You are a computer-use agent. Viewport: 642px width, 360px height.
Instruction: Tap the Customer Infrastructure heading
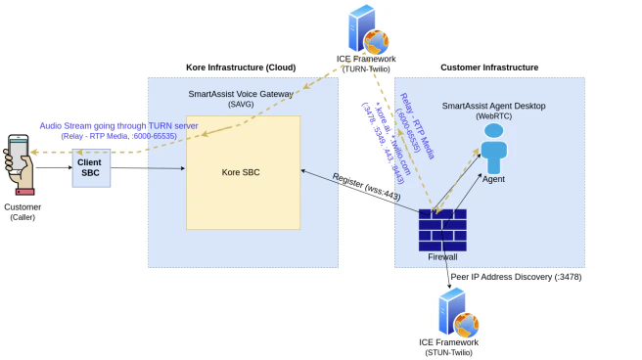(x=488, y=67)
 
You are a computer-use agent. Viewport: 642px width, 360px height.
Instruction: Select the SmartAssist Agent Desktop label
(x=493, y=105)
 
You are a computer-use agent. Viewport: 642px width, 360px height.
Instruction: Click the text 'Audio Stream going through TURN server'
(x=119, y=125)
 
